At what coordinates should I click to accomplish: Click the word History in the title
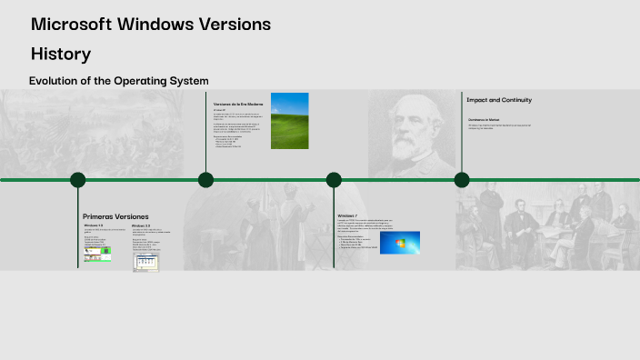[x=60, y=54]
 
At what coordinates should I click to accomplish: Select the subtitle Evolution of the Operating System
[x=119, y=81]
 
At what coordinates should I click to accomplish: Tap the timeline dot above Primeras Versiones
[x=78, y=180]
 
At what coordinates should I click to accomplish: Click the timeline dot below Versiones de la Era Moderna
[x=206, y=180]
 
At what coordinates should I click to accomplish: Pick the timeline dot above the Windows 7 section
[x=335, y=180]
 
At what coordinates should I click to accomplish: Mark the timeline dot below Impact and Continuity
[x=462, y=180]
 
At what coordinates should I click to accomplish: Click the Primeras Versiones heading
[x=115, y=216]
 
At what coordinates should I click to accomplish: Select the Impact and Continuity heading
[x=499, y=100]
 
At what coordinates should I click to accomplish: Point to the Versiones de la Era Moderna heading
[x=237, y=105]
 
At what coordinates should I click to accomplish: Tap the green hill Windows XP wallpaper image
[x=290, y=120]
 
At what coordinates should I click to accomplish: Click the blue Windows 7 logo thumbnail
[x=400, y=242]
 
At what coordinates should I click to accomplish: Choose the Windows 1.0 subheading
[x=94, y=225]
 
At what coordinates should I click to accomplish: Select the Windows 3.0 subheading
[x=141, y=225]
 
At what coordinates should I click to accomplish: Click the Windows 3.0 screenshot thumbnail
[x=145, y=263]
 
